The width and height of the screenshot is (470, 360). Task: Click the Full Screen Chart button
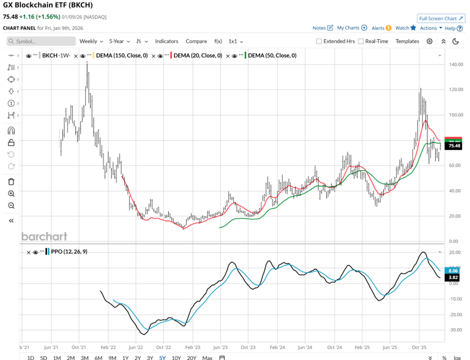tap(441, 18)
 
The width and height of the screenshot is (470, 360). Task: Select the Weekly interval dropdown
tap(91, 41)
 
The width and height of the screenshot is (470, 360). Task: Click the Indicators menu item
tap(166, 41)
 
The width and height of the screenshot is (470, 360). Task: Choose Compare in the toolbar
tap(196, 41)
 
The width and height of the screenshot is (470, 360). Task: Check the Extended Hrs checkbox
tap(319, 42)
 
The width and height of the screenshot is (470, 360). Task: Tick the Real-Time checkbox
tap(361, 42)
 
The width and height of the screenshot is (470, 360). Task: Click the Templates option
tap(407, 41)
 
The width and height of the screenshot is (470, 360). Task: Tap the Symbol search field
tap(42, 41)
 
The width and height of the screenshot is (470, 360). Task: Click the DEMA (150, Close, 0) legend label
tap(123, 56)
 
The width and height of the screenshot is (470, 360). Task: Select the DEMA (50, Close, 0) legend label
tap(272, 56)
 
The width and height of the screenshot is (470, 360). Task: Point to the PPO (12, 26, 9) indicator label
tap(70, 252)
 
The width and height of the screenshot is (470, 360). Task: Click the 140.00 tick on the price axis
tap(455, 64)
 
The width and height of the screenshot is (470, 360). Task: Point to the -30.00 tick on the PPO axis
tap(455, 330)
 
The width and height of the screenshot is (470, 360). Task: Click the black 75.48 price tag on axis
tap(454, 146)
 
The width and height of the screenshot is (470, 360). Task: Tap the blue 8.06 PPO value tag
tap(453, 270)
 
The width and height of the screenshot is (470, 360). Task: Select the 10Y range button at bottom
tap(176, 358)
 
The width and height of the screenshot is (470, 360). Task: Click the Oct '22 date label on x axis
tap(163, 346)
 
